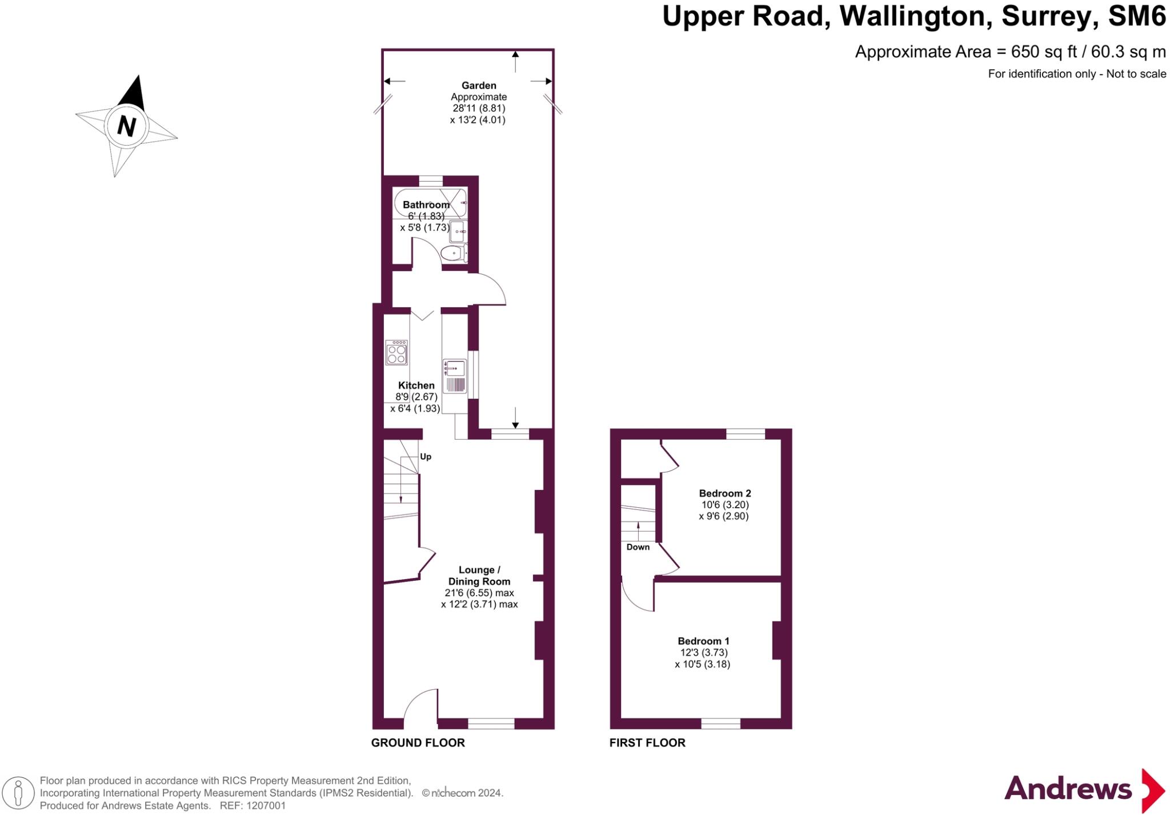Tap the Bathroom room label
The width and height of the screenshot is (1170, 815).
[x=426, y=204]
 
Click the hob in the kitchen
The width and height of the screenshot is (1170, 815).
[x=396, y=352]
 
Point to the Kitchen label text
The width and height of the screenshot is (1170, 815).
[x=416, y=386]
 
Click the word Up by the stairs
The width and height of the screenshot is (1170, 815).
[x=426, y=456]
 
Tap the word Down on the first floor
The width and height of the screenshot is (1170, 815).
[x=638, y=547]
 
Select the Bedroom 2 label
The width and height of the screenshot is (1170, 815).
[x=724, y=493]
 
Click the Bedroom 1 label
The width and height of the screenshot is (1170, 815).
[x=703, y=641]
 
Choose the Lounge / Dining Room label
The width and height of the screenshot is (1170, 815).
[x=479, y=576]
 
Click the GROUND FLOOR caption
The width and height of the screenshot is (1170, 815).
[x=418, y=742]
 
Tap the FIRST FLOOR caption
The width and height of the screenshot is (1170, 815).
[x=647, y=742]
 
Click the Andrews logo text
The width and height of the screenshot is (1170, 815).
[x=1067, y=789]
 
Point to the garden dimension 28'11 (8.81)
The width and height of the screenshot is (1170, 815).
[x=479, y=108]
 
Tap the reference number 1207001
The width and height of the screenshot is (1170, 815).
[x=265, y=806]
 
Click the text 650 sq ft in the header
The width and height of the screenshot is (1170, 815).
[x=1044, y=52]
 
